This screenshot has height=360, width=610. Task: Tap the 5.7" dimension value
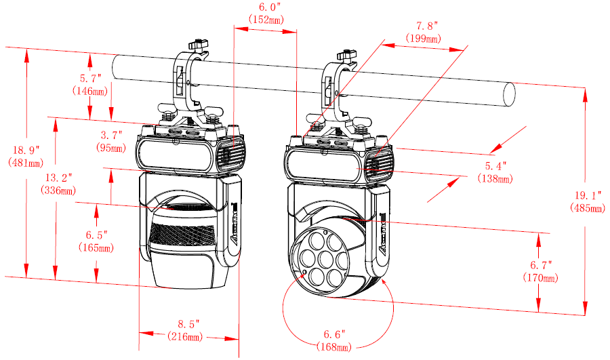[x=90, y=78]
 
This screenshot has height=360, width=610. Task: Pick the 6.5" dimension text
[x=97, y=235]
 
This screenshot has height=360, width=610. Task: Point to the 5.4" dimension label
[x=495, y=166]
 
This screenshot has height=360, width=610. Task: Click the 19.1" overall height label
[x=587, y=195]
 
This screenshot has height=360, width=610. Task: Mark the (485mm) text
[x=587, y=207]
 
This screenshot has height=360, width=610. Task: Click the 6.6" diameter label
[x=334, y=334]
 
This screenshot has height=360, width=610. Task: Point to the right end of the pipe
[x=509, y=94]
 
